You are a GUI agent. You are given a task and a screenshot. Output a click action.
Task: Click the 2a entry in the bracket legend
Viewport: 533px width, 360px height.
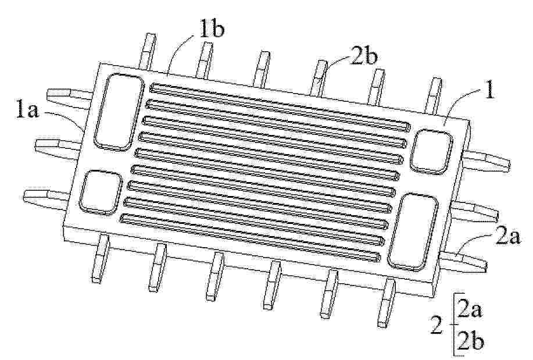(x=470, y=310)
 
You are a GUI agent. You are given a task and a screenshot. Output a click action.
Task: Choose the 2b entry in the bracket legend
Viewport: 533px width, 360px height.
(x=470, y=341)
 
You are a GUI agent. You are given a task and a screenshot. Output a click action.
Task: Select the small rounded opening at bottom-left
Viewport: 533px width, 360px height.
(x=101, y=193)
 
